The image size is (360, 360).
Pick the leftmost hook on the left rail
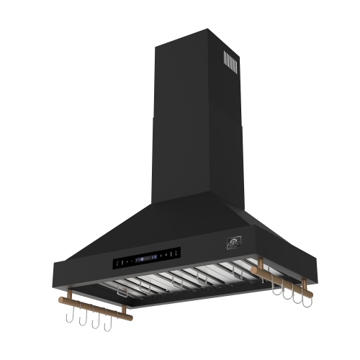[67, 315]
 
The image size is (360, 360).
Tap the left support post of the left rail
[68, 290]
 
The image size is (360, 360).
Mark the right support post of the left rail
[122, 307]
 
